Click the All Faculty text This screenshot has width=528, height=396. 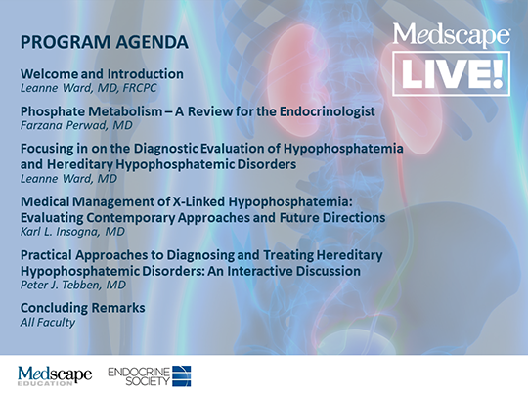[43, 322]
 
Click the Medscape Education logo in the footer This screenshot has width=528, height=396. [55, 375]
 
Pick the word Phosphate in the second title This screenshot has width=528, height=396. [51, 111]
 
